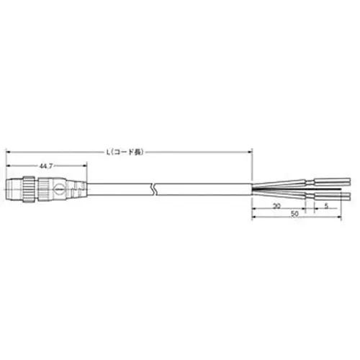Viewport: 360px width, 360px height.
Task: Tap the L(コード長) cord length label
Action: click(x=126, y=152)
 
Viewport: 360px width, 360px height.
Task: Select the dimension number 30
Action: click(x=278, y=206)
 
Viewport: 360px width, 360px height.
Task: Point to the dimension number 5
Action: click(x=328, y=206)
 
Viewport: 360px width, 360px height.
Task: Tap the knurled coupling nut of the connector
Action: click(x=27, y=189)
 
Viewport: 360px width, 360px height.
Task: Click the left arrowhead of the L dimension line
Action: click(x=9, y=152)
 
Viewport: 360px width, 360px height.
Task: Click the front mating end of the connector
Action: click(x=9, y=189)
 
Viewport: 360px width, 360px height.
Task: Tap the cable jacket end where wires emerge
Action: click(x=252, y=189)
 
